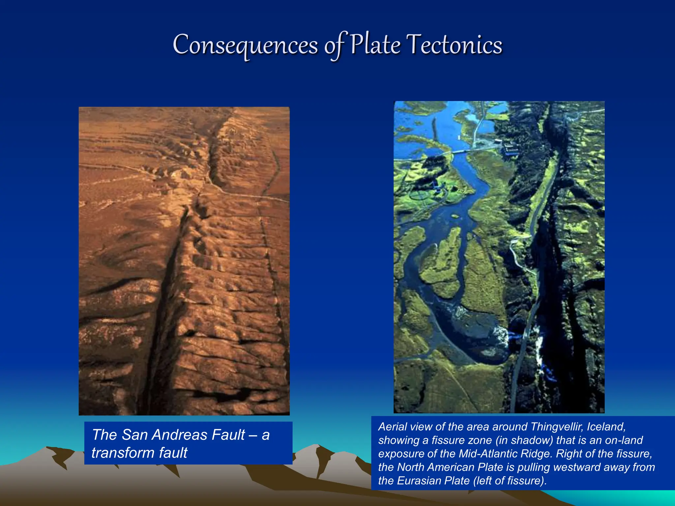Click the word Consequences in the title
(245, 45)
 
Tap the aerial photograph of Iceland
(499, 257)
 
